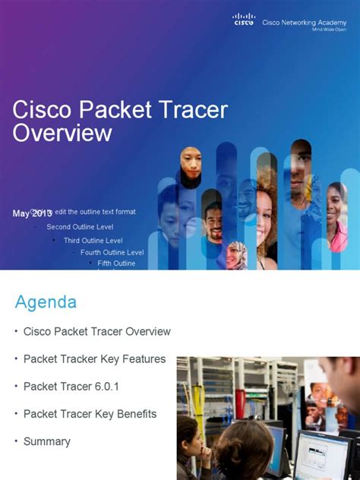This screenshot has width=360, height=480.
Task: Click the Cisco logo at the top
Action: coord(244,20)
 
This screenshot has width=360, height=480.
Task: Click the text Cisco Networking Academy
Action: coord(304,23)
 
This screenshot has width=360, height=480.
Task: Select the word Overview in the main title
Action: coord(62,133)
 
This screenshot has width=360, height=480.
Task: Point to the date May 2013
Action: coord(32,213)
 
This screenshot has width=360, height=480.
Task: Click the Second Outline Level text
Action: coord(80,226)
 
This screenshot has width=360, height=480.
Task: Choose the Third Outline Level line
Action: coord(93,240)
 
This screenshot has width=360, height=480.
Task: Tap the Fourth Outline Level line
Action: coord(112,252)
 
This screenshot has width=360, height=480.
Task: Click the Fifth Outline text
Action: coord(116,264)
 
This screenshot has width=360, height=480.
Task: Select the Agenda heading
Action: coord(46,302)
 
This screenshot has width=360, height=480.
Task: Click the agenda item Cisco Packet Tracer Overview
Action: coord(97,332)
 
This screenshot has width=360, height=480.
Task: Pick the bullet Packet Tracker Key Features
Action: coord(94,359)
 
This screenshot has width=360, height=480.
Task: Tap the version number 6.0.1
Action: coord(103,387)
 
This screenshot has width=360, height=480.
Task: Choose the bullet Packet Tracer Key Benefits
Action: coord(90,414)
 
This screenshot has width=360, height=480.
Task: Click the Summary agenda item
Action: coord(47,441)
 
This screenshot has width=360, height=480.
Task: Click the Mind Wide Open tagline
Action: coord(329,30)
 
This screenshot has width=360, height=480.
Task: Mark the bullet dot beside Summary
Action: coord(15,441)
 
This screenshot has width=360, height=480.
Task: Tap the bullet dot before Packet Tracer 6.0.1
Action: coord(15,386)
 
